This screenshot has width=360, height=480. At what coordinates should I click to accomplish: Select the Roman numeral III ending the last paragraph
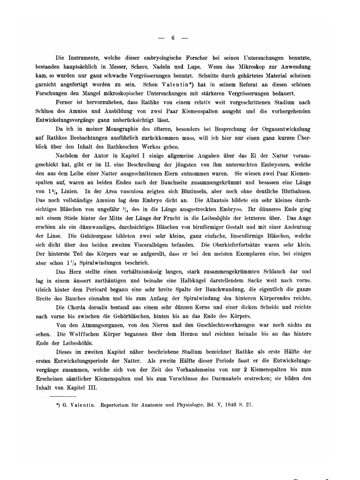pyautogui.click(x=92, y=388)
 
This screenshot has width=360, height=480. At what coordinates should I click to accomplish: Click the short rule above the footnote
pyautogui.click(x=63, y=396)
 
